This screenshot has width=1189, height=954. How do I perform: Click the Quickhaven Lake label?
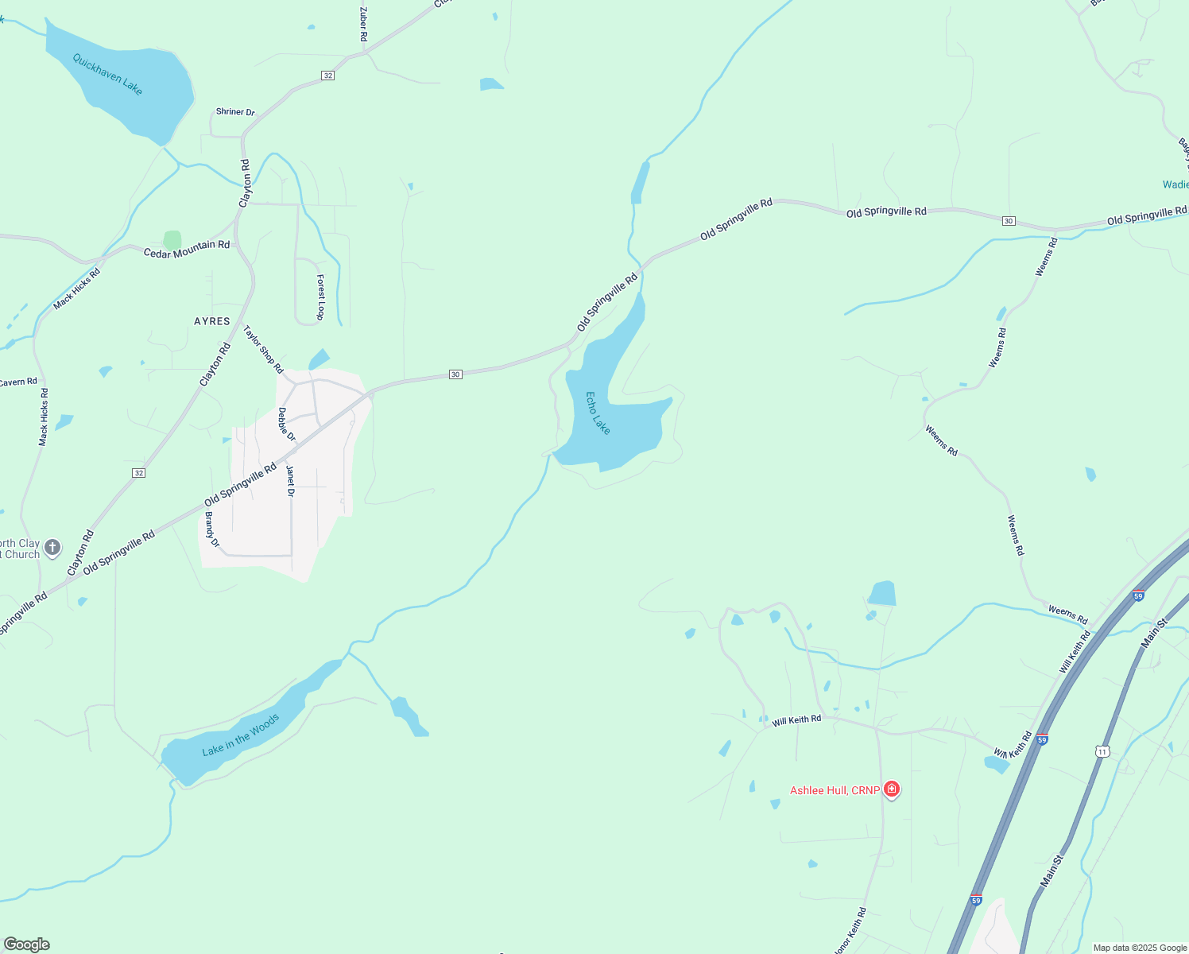point(107,74)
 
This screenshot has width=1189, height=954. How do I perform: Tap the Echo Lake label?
point(598,413)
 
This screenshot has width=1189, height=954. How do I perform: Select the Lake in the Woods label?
point(240,735)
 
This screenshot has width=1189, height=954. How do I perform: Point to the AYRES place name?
point(212,321)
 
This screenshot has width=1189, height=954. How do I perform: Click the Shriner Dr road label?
point(235,112)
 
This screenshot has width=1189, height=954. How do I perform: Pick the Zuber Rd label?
point(363,24)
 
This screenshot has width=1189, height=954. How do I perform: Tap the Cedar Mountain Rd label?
point(187,249)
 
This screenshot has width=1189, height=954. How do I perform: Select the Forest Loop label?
point(320,297)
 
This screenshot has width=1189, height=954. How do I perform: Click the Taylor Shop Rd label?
point(263,349)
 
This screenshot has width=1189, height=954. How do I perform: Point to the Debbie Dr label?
point(286,425)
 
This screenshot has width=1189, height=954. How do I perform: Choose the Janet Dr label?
point(290,481)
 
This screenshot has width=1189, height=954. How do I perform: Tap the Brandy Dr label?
point(212,529)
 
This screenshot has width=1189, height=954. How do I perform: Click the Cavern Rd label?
point(17,382)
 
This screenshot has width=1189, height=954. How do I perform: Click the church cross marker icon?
point(52,547)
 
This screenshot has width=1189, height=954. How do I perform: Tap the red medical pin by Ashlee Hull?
point(892,789)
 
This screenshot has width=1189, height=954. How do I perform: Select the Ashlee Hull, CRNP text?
point(835,790)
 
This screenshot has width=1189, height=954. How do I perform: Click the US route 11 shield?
point(1102,751)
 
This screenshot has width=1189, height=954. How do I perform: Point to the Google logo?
point(27,944)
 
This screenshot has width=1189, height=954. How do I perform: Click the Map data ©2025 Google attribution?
point(1140,948)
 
